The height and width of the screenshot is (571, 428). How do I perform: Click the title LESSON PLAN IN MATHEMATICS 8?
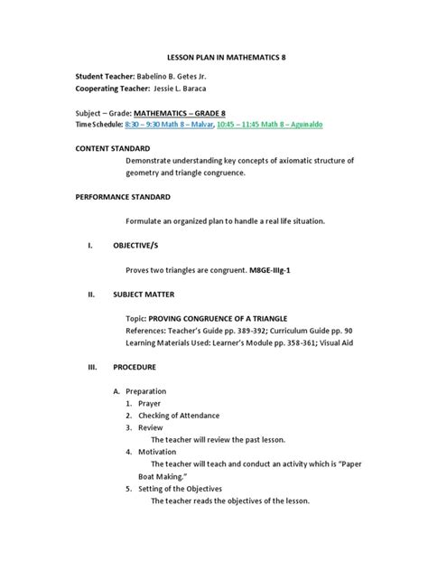click(x=214, y=57)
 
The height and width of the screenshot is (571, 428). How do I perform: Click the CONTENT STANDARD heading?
click(x=112, y=146)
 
